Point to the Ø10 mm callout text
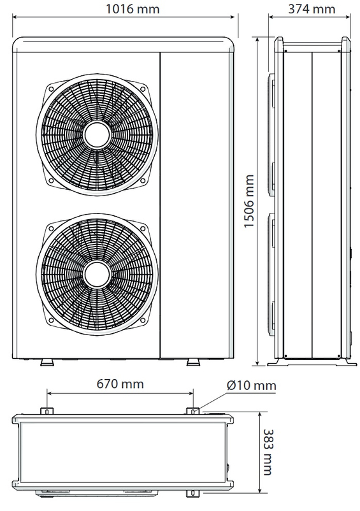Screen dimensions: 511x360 tap(251, 385)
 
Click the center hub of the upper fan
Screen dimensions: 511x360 tap(95, 136)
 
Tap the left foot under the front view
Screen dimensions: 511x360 tap(47, 362)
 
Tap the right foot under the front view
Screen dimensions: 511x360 tap(191, 362)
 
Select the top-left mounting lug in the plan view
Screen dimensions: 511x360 tap(47, 410)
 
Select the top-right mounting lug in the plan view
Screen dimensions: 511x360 tap(191, 410)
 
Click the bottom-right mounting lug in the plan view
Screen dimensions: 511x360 tap(191, 494)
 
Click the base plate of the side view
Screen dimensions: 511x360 tap(312, 364)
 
